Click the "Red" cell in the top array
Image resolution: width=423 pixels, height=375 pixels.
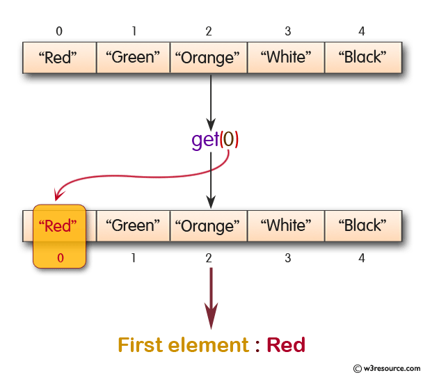pyautogui.click(x=58, y=58)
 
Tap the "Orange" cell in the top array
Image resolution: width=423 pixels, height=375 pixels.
pyautogui.click(x=209, y=58)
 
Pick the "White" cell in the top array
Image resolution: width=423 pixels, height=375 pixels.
pyautogui.click(x=285, y=58)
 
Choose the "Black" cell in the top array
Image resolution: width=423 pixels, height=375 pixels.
pyautogui.click(x=362, y=58)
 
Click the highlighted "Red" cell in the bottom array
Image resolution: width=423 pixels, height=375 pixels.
pyautogui.click(x=59, y=225)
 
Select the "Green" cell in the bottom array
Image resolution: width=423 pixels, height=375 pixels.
pyautogui.click(x=133, y=225)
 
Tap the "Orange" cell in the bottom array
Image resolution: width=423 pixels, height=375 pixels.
pyautogui.click(x=209, y=225)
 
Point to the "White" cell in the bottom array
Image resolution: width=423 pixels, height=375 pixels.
pyautogui.click(x=285, y=225)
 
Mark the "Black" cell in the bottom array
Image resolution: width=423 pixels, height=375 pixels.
pyautogui.click(x=362, y=225)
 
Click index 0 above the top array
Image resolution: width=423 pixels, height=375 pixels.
pyautogui.click(x=59, y=31)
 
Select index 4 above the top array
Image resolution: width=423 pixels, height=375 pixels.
pyautogui.click(x=362, y=31)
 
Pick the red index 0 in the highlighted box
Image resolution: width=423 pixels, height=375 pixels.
pyautogui.click(x=60, y=258)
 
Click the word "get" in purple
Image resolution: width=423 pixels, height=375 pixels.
pyautogui.click(x=205, y=140)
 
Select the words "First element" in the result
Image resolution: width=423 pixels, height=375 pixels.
pyautogui.click(x=182, y=345)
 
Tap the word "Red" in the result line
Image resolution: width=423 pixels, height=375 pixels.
pyautogui.click(x=286, y=345)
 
